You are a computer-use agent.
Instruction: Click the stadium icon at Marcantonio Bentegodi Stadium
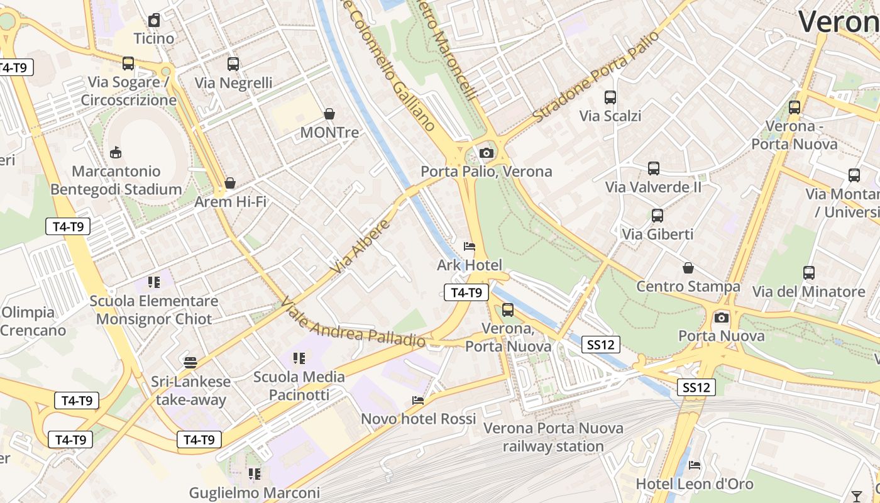click(116, 152)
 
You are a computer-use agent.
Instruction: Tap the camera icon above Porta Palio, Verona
click(486, 153)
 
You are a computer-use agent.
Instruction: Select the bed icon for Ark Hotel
click(469, 246)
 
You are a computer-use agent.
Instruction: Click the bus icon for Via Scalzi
click(610, 97)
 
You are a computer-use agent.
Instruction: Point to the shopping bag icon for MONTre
click(329, 114)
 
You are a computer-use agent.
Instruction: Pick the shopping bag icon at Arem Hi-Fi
click(230, 183)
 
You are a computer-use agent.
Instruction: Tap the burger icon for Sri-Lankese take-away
click(190, 362)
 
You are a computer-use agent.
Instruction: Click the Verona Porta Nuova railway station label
click(553, 437)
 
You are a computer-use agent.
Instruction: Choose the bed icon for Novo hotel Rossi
click(418, 400)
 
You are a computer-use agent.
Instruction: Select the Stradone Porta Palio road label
click(595, 76)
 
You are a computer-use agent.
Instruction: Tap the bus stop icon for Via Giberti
click(657, 216)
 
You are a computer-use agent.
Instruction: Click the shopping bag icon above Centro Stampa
click(688, 268)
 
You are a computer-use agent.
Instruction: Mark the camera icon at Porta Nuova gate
click(722, 318)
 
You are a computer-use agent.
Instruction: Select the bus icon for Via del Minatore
click(808, 273)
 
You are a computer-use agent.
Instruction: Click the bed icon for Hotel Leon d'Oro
click(694, 465)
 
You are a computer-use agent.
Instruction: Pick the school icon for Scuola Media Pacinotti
click(299, 358)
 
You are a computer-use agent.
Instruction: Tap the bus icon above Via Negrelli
click(233, 64)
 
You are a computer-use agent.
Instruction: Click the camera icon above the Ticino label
click(154, 20)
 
